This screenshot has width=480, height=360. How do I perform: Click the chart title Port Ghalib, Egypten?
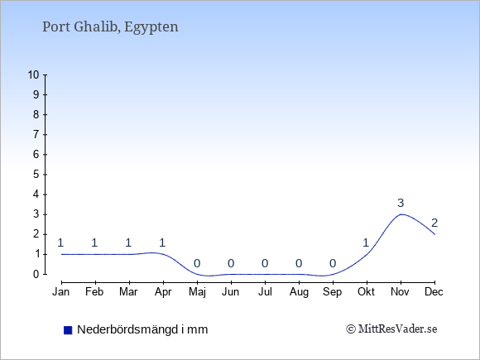pyautogui.click(x=110, y=27)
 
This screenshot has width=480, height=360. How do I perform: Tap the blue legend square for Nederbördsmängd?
pyautogui.click(x=68, y=330)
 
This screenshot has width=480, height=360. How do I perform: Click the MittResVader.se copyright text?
pyautogui.click(x=391, y=329)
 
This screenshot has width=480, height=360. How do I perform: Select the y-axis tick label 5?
pyautogui.click(x=36, y=175)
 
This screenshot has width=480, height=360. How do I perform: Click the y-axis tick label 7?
pyautogui.click(x=36, y=134)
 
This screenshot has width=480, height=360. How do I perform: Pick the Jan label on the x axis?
pyautogui.click(x=61, y=292)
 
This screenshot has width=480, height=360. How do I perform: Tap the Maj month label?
pyautogui.click(x=197, y=292)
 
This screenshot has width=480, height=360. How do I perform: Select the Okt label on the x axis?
pyautogui.click(x=366, y=292)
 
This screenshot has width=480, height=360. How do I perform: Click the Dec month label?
pyautogui.click(x=434, y=292)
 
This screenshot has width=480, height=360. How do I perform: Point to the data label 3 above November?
pyautogui.click(x=401, y=203)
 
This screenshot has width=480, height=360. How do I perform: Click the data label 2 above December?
pyautogui.click(x=434, y=223)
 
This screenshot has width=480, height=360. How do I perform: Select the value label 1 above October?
pyautogui.click(x=366, y=242)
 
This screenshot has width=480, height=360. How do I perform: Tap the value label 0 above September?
pyautogui.click(x=333, y=263)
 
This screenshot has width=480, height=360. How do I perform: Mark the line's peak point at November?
pyautogui.click(x=401, y=214)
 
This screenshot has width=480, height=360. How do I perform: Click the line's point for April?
pyautogui.click(x=164, y=254)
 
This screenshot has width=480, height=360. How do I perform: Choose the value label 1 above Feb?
pyautogui.click(x=94, y=242)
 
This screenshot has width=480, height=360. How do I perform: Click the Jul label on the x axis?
pyautogui.click(x=265, y=292)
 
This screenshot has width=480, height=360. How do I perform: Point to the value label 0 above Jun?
pyautogui.click(x=231, y=263)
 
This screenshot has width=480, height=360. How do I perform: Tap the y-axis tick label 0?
pyautogui.click(x=36, y=274)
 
